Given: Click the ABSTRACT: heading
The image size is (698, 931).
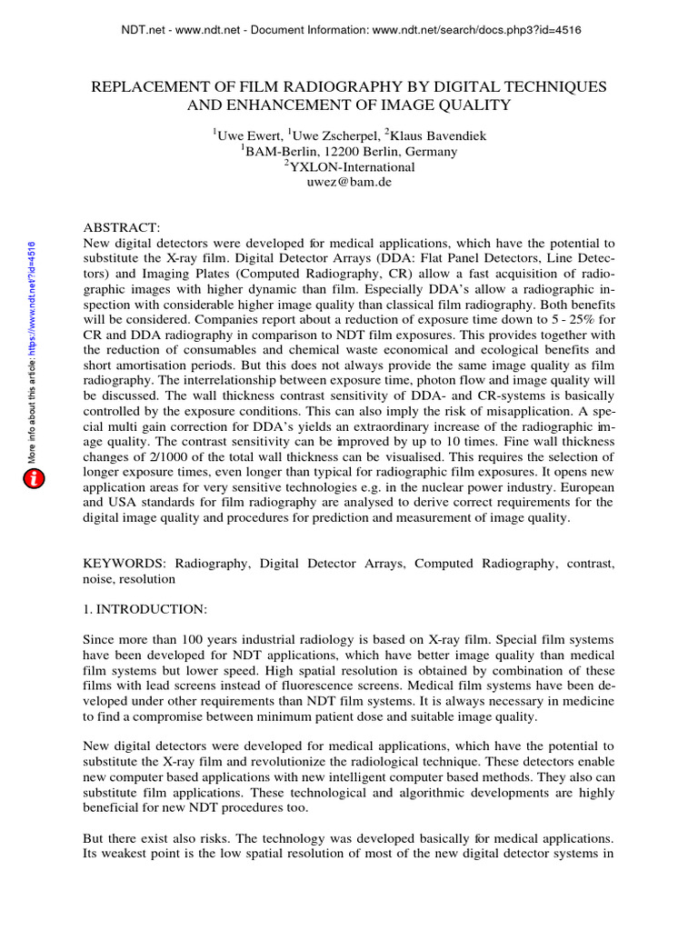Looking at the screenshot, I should point(122,227).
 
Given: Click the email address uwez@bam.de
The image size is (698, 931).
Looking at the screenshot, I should point(349,182).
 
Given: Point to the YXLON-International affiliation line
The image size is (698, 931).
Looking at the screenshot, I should point(349,167).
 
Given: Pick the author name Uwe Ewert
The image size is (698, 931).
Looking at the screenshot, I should point(245,136).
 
